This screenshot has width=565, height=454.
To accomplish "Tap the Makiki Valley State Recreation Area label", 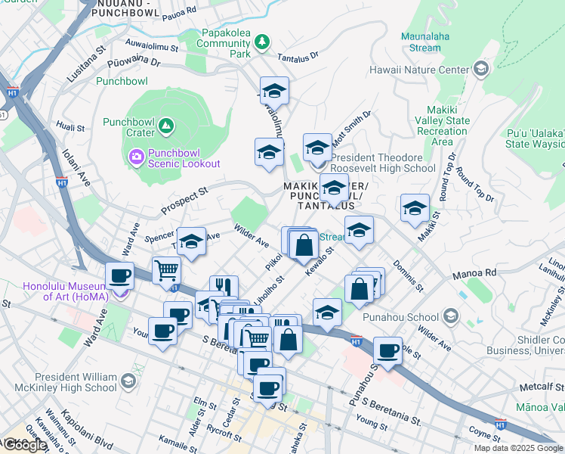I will pyautogui.click(x=442, y=126).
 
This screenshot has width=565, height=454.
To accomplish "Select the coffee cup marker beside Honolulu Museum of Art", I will pyautogui.click(x=119, y=275).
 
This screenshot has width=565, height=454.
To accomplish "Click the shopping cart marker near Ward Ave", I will pyautogui.click(x=166, y=269).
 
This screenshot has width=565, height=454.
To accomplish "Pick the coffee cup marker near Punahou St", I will pyautogui.click(x=387, y=351).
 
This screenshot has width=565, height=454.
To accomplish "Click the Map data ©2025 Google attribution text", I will pyautogui.click(x=517, y=448).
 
